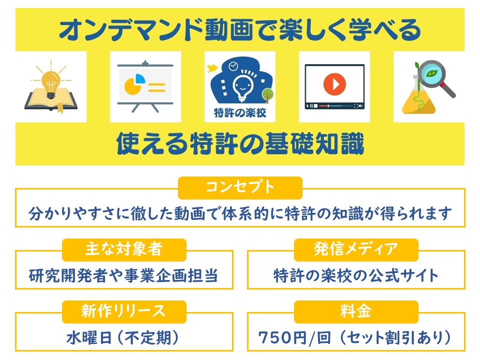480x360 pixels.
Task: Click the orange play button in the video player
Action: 334,84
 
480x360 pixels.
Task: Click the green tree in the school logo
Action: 267,95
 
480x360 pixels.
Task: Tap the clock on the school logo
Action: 233,66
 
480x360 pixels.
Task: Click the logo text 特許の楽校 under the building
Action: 240,112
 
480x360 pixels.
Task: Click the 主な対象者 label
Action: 124,249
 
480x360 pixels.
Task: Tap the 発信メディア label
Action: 355,249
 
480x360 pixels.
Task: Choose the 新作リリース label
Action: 123,311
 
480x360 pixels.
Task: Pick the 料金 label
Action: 355,311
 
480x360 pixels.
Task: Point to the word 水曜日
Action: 89,338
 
